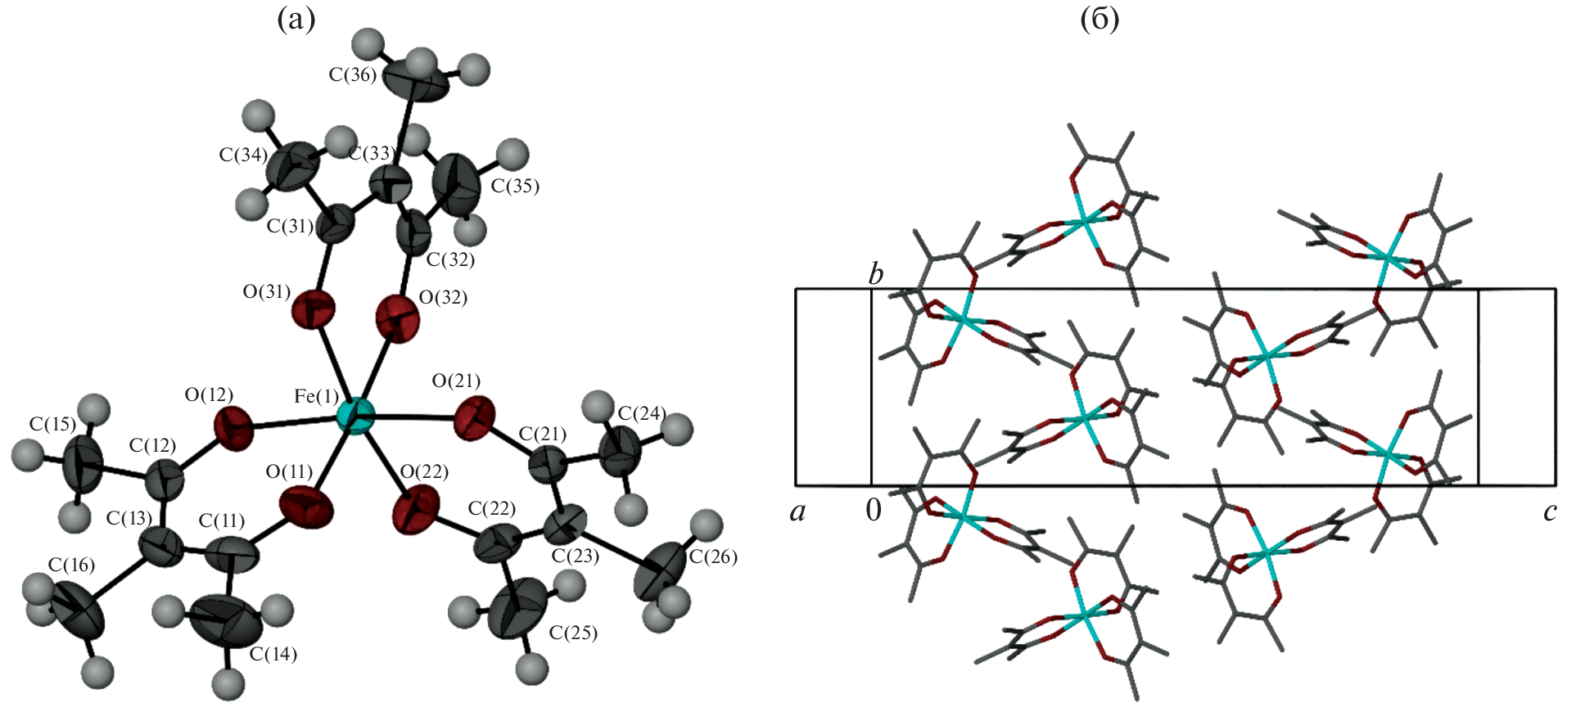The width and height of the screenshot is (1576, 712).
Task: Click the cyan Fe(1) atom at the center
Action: pos(355,417)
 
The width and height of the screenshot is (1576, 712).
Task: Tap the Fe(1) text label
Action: pos(316,397)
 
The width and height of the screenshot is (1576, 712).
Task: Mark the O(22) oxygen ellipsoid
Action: pos(415,510)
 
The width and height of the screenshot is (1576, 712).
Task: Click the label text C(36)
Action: pos(352,75)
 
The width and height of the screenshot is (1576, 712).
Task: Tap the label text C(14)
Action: pos(273,654)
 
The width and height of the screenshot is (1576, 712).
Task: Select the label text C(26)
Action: pos(713,557)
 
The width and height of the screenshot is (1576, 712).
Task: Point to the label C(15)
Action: pos(52,424)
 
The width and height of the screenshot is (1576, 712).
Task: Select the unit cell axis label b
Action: pos(876,274)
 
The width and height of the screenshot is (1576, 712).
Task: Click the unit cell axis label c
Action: pos(1550,512)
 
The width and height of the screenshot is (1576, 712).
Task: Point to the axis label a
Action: pos(797,512)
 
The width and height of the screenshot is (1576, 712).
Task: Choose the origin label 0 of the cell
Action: pos(874,511)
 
